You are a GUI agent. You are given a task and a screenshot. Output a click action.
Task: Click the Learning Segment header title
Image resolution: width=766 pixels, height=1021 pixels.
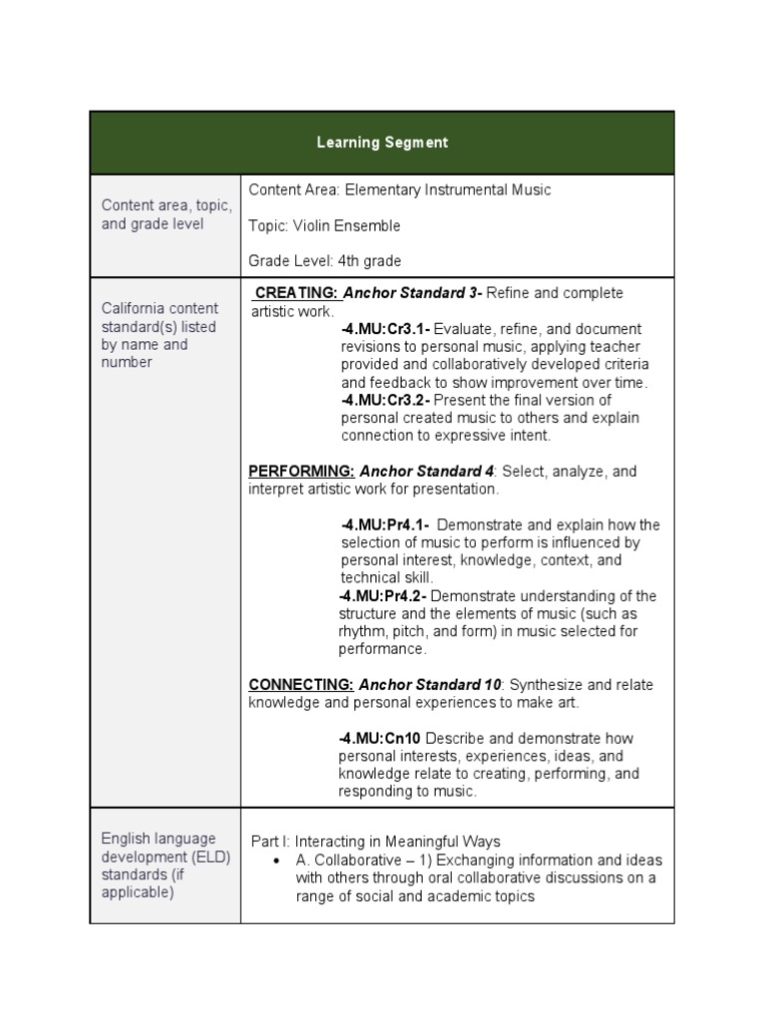pos(382,143)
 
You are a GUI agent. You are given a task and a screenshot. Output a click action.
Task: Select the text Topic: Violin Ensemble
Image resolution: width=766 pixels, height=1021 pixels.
pos(324,225)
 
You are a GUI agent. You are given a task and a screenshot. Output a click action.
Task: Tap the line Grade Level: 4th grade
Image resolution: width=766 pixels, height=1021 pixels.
pos(324,261)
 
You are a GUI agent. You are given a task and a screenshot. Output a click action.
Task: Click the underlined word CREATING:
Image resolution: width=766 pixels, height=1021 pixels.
pos(297,293)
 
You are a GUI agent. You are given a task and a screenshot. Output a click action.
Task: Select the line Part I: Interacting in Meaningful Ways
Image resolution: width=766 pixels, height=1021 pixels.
pos(375,843)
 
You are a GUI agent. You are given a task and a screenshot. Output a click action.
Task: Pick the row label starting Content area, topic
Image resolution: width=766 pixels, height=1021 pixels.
pos(166,215)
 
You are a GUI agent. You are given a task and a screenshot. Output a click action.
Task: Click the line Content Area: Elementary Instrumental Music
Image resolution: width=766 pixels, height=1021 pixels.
pos(399,189)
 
